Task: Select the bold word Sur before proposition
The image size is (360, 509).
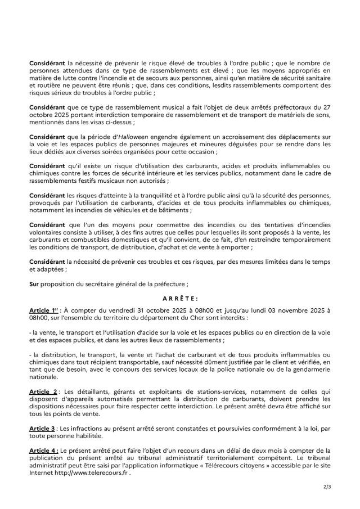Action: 34,284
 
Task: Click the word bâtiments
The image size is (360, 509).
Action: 174,210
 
